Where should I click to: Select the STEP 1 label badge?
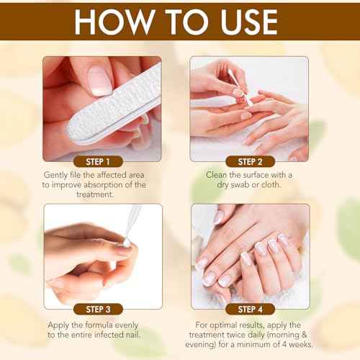click(98, 161)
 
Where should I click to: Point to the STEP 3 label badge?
click(98, 310)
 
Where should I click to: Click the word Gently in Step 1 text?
click(62, 174)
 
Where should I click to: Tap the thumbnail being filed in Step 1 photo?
click(100, 81)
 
